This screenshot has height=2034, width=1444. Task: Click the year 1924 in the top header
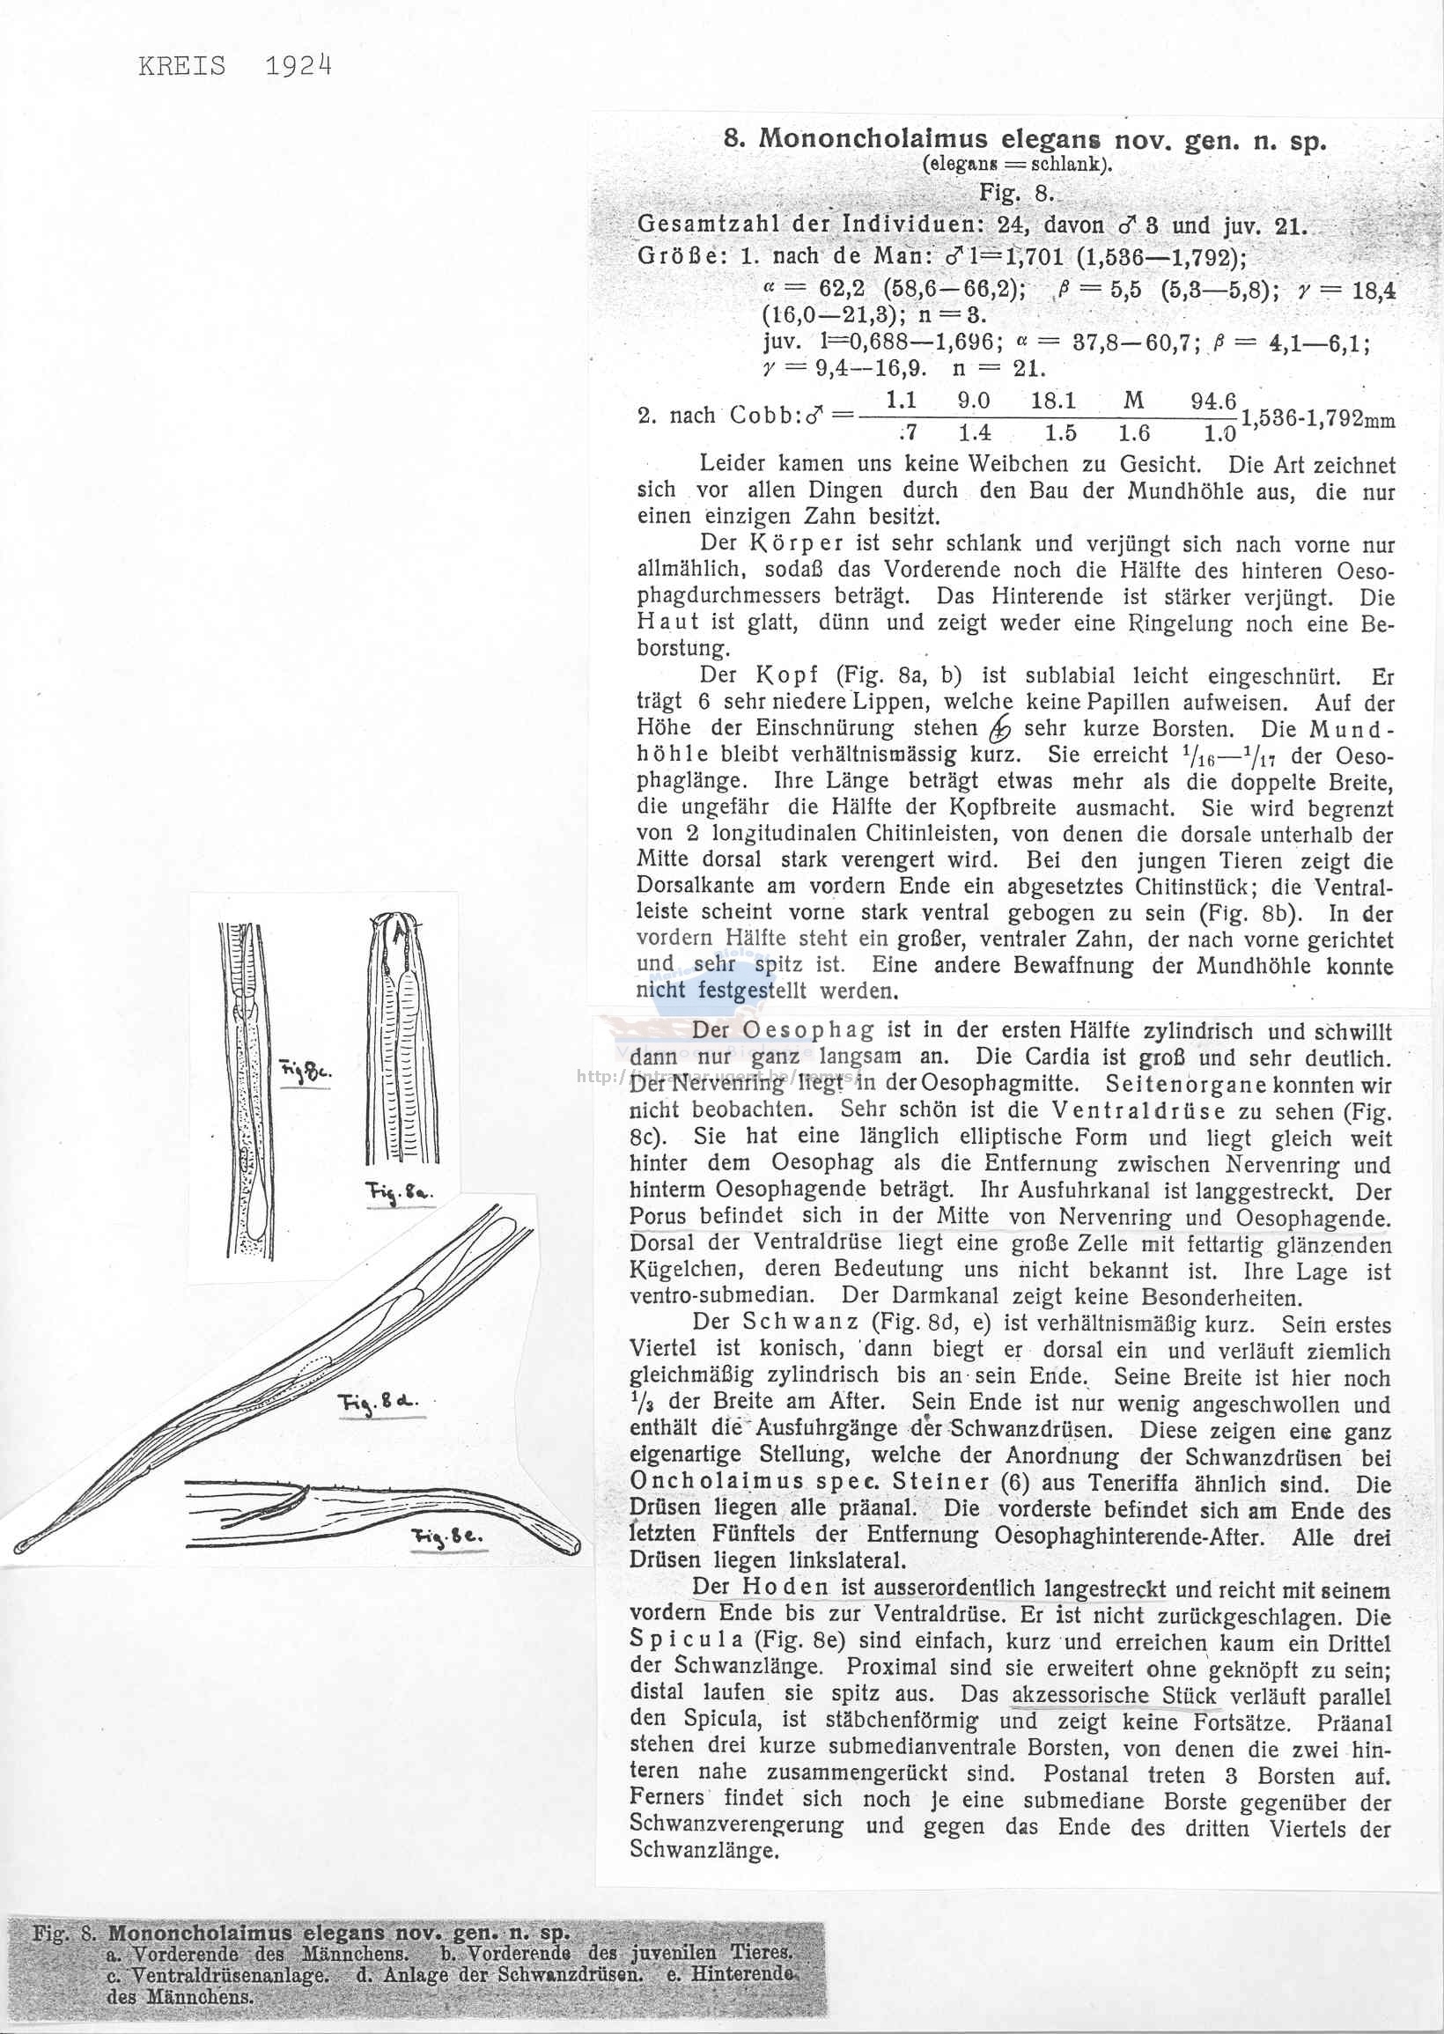(298, 68)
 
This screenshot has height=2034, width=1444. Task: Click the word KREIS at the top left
(182, 68)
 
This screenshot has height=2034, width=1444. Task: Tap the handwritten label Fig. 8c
(305, 1073)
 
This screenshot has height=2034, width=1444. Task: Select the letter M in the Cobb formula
(1134, 401)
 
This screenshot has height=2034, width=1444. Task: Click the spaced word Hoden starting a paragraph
(785, 1587)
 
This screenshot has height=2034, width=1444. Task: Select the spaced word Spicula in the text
(686, 1640)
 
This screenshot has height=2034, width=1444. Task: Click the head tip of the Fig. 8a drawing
(399, 918)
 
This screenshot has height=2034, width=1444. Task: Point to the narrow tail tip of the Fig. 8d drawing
(22, 1543)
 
